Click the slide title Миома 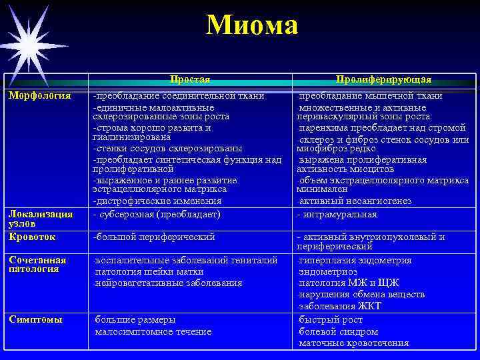tap(251, 26)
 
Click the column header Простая tap(190, 79)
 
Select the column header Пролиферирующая tap(383, 79)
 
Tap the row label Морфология tap(39, 95)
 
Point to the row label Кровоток tap(32, 237)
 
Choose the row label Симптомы tap(35, 319)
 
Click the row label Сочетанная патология tap(37, 265)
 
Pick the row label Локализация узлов tap(39, 219)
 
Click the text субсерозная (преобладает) tap(157, 215)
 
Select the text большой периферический tap(154, 237)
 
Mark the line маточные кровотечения tap(353, 343)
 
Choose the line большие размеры tap(135, 319)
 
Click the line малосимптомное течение tap(153, 331)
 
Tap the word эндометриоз tap(329, 272)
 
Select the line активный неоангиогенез tap(355, 201)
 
